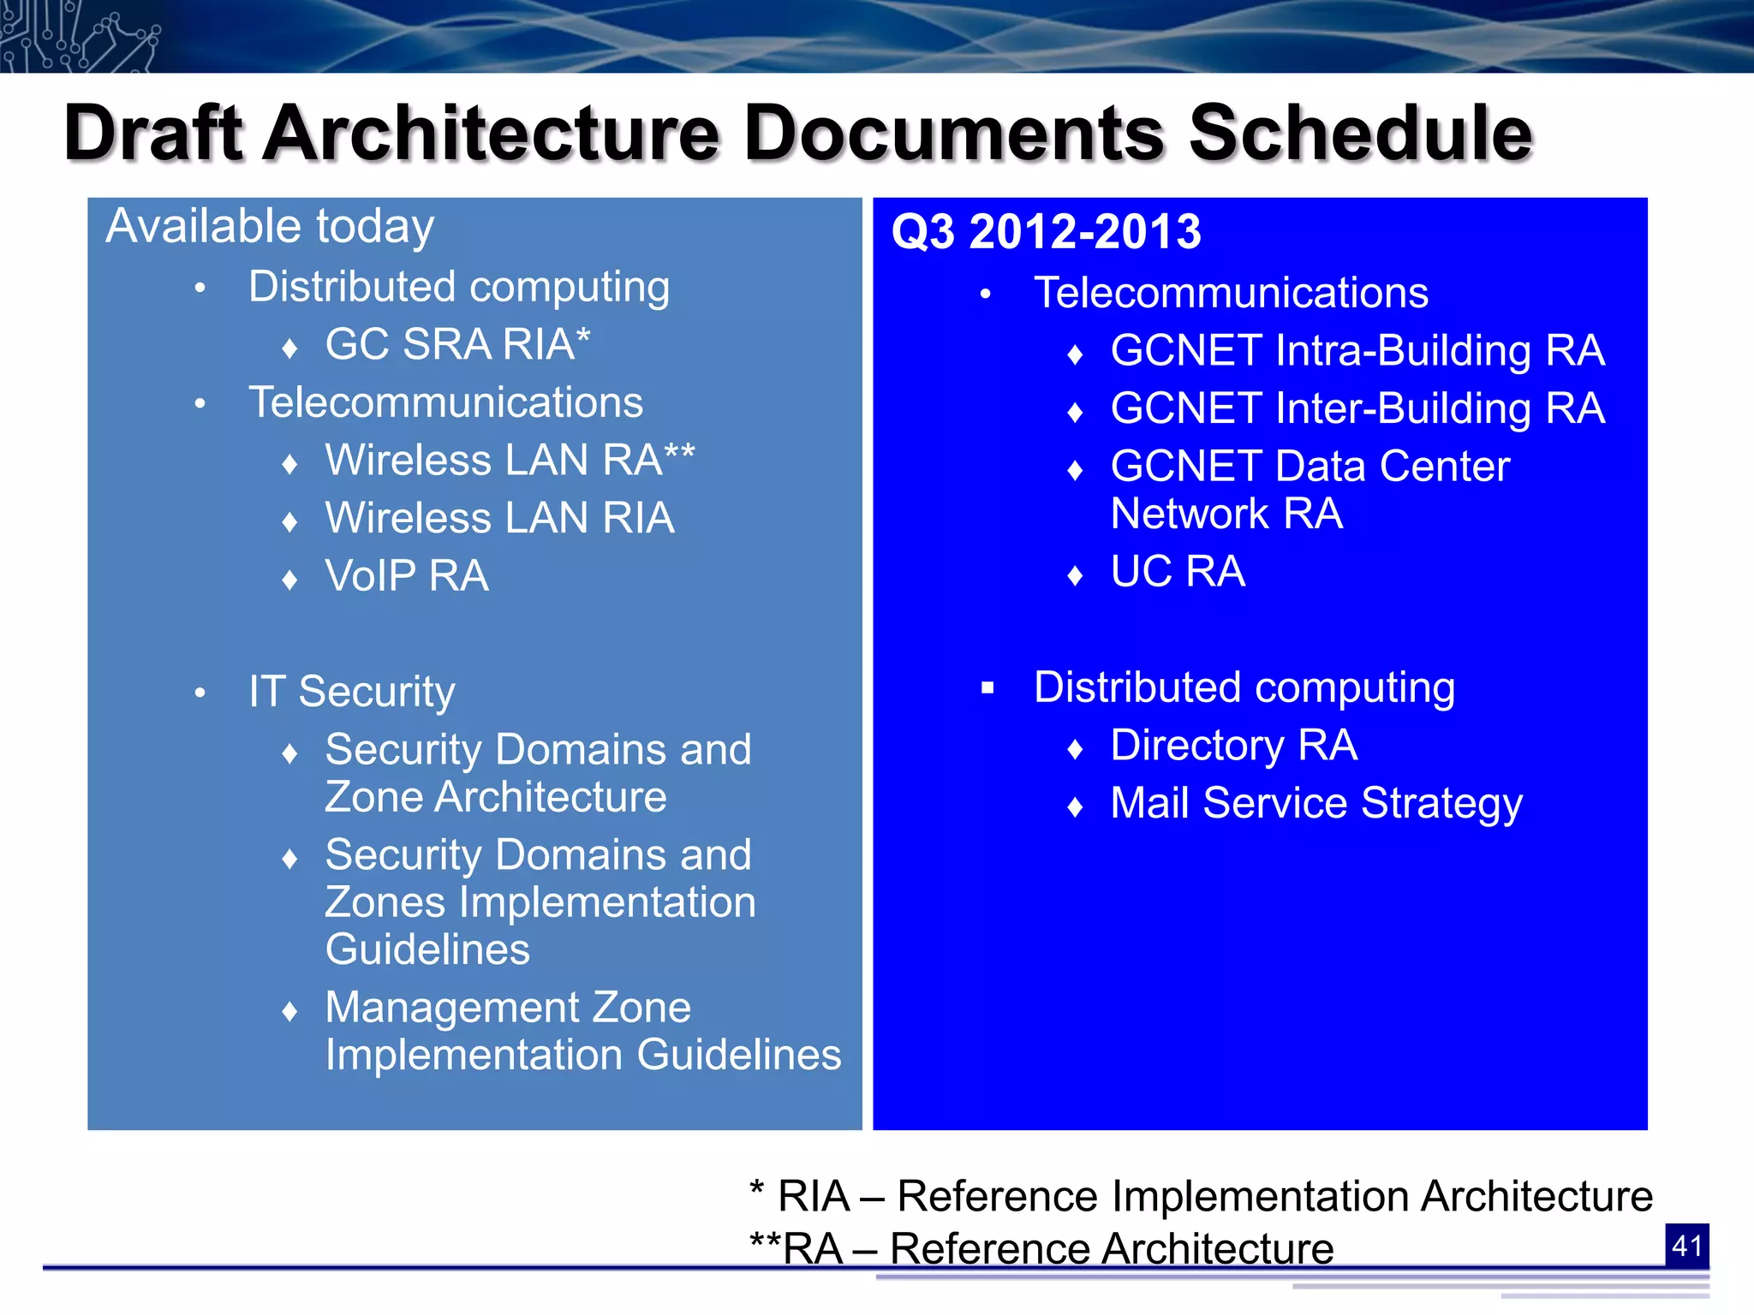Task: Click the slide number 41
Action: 1686,1245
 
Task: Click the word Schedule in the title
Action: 1360,133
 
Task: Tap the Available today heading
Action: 270,227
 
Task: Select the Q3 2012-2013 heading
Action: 1046,232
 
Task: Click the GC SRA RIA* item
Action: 457,344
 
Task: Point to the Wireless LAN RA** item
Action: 510,460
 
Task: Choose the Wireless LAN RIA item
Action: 499,518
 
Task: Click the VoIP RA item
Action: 407,575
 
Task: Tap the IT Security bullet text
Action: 351,691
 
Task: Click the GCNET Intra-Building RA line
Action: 1357,351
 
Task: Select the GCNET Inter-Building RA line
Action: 1357,408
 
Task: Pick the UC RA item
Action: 1178,571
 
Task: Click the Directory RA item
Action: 1233,745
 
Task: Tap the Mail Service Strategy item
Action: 1315,803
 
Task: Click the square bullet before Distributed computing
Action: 987,687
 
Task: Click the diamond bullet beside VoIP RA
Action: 289,580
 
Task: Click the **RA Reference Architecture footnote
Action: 1041,1248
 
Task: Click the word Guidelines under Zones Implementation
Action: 427,949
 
